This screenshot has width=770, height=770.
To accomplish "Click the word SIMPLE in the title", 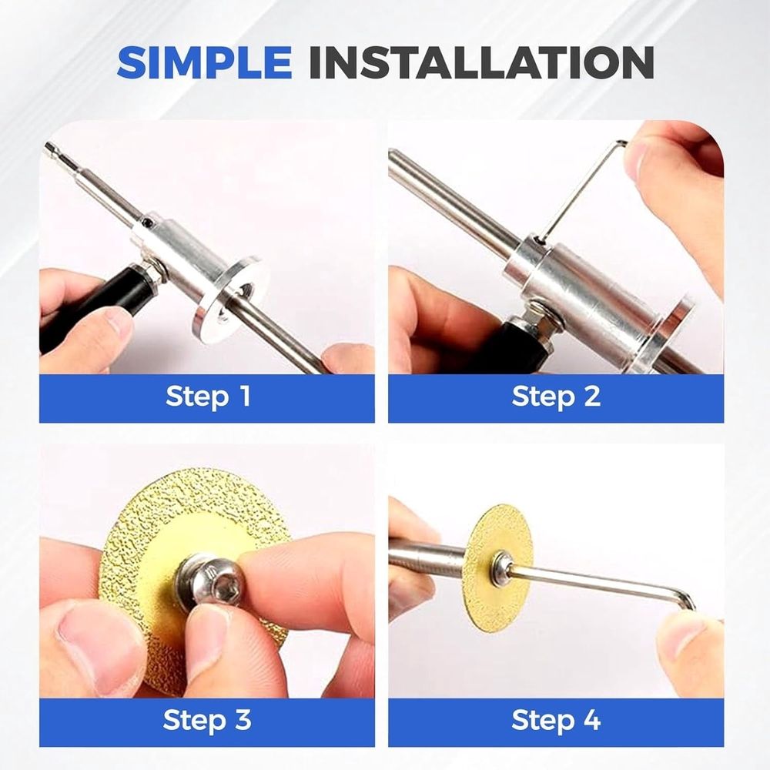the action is click(204, 62).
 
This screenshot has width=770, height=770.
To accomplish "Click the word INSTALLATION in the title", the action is click(481, 62).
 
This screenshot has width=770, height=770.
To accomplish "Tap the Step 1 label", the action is click(208, 396).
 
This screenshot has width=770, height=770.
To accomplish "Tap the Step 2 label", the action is click(556, 396).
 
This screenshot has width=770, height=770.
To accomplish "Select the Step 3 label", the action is click(206, 720).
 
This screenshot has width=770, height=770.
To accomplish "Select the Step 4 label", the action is click(556, 720).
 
